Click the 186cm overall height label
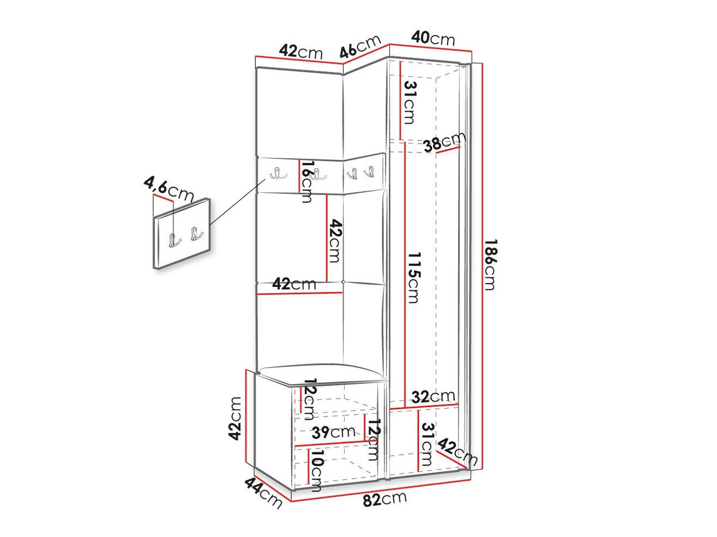point(490,264)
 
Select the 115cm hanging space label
point(413,277)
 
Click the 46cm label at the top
point(360,46)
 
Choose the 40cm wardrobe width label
point(433,39)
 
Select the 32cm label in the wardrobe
point(433,396)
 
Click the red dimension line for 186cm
point(482,266)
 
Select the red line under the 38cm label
point(448,150)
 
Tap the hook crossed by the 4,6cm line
point(174,240)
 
